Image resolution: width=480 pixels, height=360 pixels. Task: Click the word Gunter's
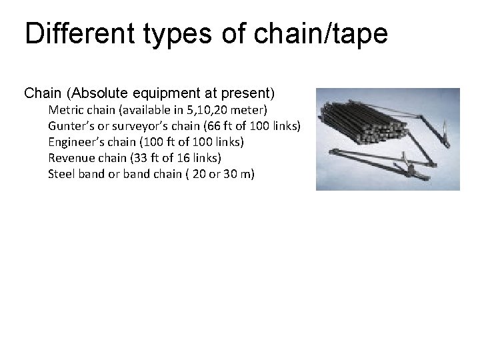pos(69,126)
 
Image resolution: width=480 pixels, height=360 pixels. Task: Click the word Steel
pos(61,174)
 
